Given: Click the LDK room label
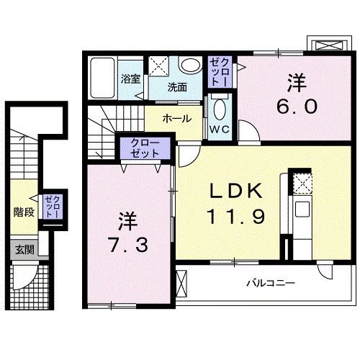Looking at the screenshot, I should tap(230, 191).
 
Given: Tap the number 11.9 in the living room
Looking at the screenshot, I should tap(230, 214).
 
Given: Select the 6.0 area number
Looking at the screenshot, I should tap(295, 106).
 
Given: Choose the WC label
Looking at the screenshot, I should tap(218, 130).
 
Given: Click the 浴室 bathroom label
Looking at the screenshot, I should tap(130, 80).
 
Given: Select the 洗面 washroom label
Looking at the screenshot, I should tap(177, 88).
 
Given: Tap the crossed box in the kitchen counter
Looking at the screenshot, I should tap(302, 184).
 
